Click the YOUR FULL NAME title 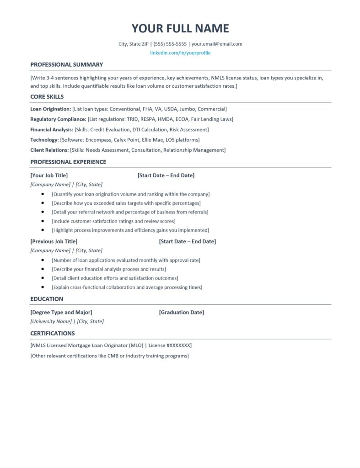point(180,28)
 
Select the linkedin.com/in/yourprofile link point(180,53)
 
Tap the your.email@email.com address point(217,44)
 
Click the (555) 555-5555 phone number point(170,44)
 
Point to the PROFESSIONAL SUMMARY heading point(66,64)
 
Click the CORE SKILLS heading point(47,97)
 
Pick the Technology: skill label point(44,140)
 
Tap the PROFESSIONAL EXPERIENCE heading point(68,162)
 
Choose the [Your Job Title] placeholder point(49,175)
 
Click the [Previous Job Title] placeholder point(54,241)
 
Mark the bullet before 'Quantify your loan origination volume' point(43,194)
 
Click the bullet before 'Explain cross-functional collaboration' point(43,287)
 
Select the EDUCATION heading point(47,299)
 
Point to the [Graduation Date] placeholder point(182,313)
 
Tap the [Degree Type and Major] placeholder point(61,313)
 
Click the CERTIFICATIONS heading point(53,333)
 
